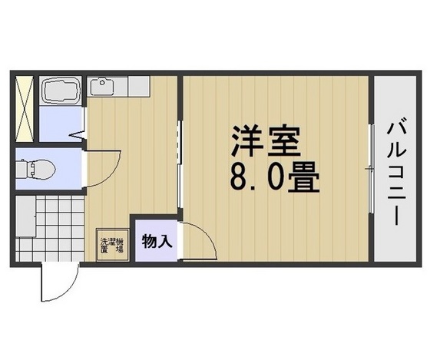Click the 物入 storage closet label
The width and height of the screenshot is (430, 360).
(x=156, y=243)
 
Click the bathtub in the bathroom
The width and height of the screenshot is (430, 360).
(x=60, y=93)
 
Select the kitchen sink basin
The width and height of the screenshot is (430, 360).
(x=101, y=86)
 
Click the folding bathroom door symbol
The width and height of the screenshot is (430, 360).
(x=80, y=135)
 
